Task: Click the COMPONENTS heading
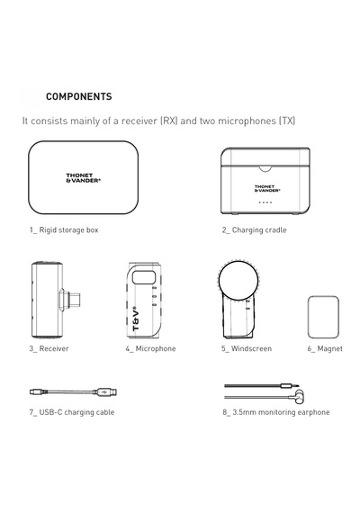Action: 79,96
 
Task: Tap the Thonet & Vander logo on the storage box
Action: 83,178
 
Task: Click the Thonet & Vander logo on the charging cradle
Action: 267,188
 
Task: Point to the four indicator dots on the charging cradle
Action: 265,202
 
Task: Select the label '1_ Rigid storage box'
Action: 64,230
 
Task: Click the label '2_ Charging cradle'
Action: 255,230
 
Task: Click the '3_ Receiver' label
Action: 49,348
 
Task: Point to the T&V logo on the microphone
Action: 136,318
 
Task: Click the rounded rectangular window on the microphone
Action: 143,277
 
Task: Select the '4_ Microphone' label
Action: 150,348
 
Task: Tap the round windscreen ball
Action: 238,280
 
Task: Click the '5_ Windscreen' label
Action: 247,348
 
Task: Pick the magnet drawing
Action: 323,317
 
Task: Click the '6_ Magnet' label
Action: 325,349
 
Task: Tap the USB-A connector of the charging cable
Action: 105,391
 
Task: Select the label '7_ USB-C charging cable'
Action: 72,412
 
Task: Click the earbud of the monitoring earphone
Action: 299,396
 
